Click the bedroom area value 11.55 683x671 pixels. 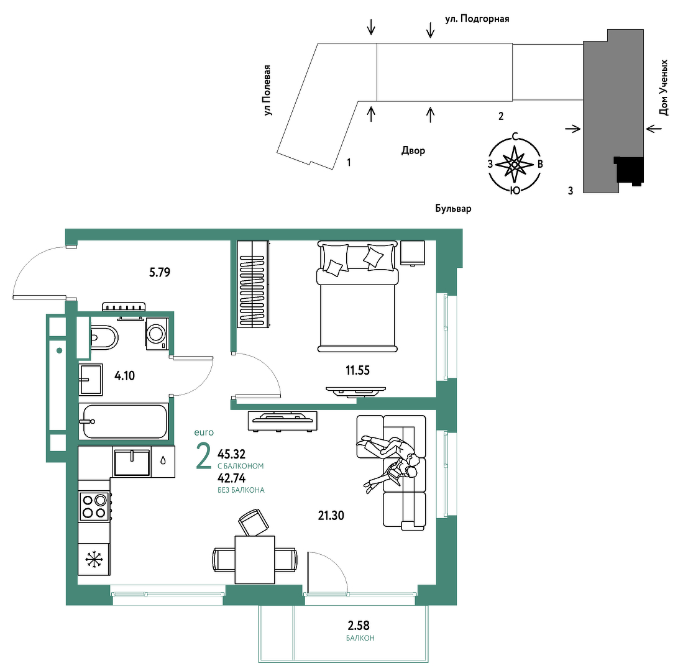[357, 370]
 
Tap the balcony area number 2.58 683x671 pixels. [359, 626]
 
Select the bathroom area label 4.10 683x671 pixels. [124, 376]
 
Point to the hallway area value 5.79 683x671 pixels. [160, 273]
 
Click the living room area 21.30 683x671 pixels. [331, 516]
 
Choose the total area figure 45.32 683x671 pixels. [232, 454]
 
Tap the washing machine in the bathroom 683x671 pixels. [157, 334]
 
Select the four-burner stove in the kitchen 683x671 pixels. [94, 506]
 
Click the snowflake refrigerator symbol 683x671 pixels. [94, 559]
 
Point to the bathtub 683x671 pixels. [124, 421]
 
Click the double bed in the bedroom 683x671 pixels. [357, 296]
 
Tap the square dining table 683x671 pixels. [255, 560]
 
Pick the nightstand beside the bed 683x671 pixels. [413, 253]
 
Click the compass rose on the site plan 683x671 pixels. [515, 164]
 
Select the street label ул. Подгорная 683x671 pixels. [477, 19]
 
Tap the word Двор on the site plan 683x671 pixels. [413, 150]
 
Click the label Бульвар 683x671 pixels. [454, 209]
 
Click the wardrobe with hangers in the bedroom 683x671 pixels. [253, 284]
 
